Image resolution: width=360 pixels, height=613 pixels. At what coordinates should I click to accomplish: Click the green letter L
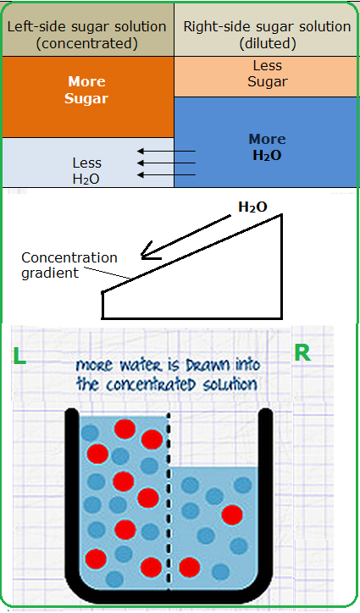19,356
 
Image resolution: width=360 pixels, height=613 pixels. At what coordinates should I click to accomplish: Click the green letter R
302,353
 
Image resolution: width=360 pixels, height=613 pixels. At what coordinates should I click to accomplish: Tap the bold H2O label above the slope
252,207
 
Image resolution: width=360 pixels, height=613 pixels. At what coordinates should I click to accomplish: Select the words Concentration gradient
69,265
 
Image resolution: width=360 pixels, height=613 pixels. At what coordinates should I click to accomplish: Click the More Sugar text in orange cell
86,90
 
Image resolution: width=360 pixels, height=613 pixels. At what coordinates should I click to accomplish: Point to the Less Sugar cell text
268,74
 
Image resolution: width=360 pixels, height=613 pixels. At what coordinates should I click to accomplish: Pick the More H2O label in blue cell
268,147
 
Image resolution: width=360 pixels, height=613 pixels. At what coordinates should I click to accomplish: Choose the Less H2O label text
86,170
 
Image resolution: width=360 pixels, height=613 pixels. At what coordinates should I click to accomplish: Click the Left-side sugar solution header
87,26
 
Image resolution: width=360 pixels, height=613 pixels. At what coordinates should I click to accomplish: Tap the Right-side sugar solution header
268,26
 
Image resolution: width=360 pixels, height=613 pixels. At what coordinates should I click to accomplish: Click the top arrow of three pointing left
166,152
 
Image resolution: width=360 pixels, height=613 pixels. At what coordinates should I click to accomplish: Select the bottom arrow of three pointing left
166,174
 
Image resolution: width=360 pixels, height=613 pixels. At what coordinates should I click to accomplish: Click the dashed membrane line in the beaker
169,500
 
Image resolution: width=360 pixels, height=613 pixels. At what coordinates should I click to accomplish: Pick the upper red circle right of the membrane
232,515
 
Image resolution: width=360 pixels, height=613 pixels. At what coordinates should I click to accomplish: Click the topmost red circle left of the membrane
125,429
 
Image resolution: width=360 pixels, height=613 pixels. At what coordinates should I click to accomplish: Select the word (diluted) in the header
268,43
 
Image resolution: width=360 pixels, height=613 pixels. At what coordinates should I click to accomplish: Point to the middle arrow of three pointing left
166,163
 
